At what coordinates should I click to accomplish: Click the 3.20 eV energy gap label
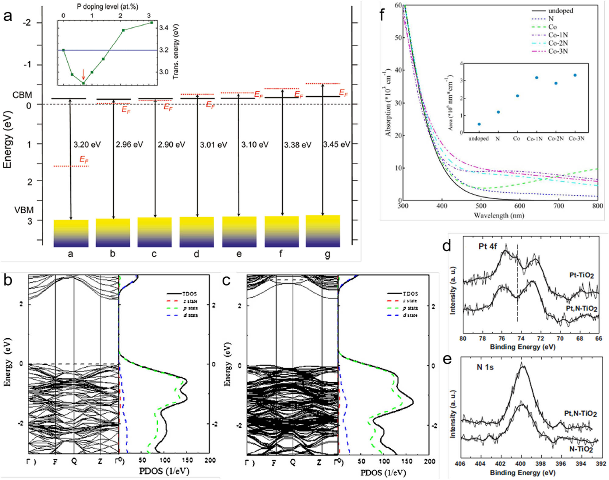(x=87, y=144)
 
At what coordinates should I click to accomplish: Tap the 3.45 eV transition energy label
(x=336, y=144)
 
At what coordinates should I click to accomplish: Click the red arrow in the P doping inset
(x=83, y=74)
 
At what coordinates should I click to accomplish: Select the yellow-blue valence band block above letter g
(x=323, y=231)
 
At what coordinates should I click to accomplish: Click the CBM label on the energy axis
(x=22, y=95)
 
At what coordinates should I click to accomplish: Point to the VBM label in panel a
(x=24, y=210)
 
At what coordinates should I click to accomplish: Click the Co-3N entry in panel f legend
(x=558, y=51)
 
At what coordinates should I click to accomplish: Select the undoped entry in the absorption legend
(x=560, y=11)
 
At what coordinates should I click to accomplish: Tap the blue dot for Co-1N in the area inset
(x=537, y=78)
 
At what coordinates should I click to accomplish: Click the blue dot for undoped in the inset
(x=479, y=124)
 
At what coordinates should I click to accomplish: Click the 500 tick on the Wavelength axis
(x=481, y=206)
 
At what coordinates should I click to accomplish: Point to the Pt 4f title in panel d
(x=488, y=246)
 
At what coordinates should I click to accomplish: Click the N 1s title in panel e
(x=485, y=367)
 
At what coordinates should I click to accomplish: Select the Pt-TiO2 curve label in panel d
(x=581, y=275)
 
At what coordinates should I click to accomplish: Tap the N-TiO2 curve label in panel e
(x=581, y=449)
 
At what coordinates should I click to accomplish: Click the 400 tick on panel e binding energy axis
(x=520, y=464)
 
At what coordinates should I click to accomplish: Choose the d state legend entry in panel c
(x=410, y=315)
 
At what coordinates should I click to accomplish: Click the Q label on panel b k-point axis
(x=74, y=461)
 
